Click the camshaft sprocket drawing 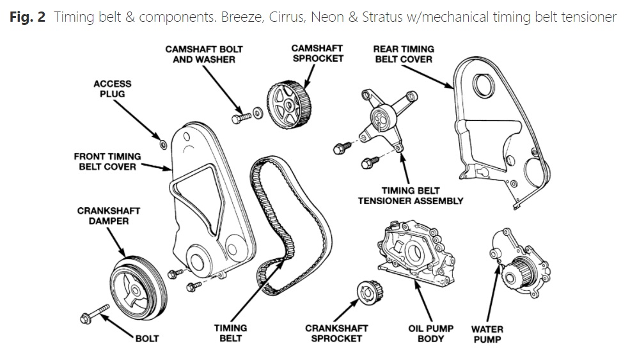coord(289,105)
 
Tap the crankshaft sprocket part coord(370,293)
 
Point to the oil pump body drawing coord(416,253)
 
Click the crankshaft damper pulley coord(138,288)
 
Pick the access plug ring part coord(162,145)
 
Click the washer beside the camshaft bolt coord(258,113)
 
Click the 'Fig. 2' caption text coord(28,17)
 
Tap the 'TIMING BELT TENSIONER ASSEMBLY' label coord(410,196)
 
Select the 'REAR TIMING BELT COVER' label coord(404,54)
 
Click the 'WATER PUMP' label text coord(487,334)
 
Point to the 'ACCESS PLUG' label coord(112,89)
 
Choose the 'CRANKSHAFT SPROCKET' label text coord(336,334)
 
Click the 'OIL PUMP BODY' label coord(430,334)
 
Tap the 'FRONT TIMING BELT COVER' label coord(107,162)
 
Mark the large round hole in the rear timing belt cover coord(483,85)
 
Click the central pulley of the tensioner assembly coord(382,118)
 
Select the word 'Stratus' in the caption coord(382,17)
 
